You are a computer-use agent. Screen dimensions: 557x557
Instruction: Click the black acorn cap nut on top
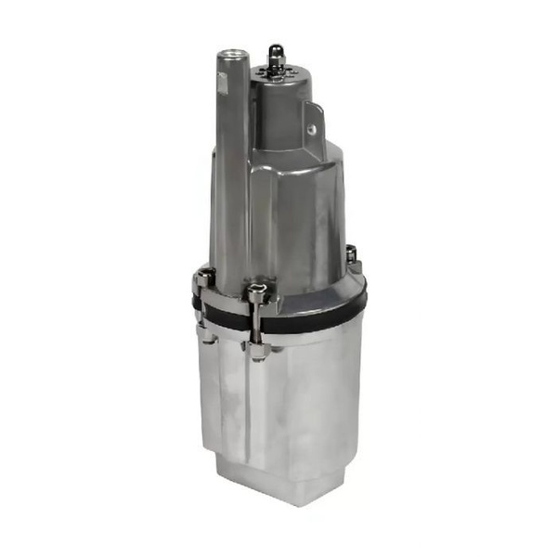point(275,52)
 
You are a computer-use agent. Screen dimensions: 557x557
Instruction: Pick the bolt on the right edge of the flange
point(352,253)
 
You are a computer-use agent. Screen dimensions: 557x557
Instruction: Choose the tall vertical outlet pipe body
point(232,167)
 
